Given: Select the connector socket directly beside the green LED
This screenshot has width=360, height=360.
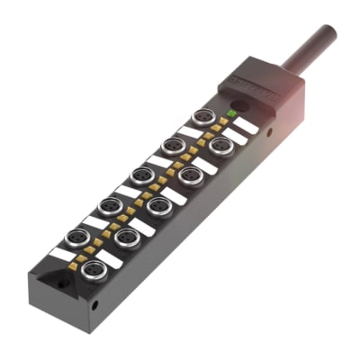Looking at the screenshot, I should [204, 117].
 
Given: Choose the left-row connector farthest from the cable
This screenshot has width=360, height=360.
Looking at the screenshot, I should [76, 238].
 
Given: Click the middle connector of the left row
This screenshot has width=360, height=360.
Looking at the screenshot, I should [140, 175].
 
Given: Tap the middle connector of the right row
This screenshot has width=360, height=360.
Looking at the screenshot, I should [159, 207].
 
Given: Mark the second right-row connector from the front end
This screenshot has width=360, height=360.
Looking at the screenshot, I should [127, 238].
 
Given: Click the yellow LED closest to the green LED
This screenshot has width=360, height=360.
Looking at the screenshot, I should [224, 121].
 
